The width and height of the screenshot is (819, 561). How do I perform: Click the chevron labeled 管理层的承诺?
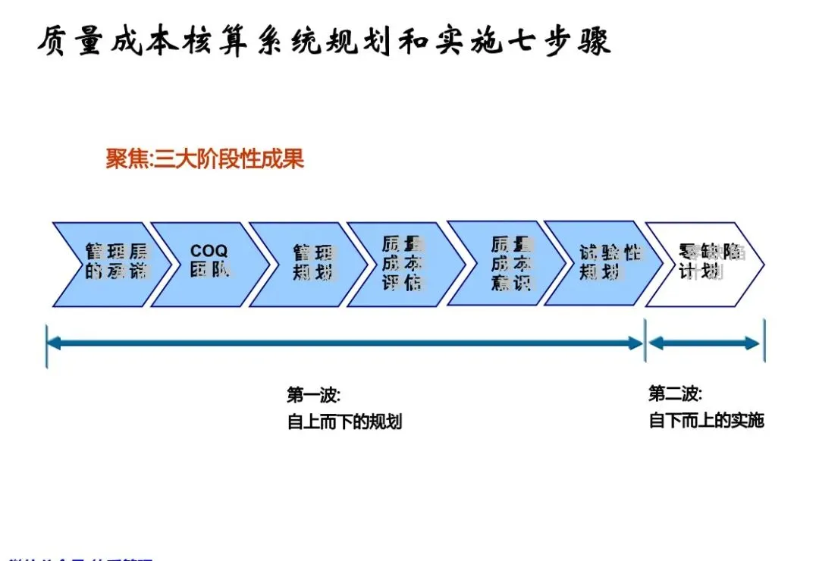click(106, 264)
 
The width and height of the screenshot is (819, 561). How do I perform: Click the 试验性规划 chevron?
click(603, 264)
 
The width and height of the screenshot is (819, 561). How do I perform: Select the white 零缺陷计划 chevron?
click(705, 264)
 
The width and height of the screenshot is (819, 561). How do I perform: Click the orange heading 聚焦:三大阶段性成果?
click(205, 160)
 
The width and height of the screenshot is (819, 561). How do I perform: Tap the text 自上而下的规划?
click(344, 422)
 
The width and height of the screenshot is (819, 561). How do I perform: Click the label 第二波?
click(675, 394)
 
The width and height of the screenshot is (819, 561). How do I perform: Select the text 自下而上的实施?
click(706, 420)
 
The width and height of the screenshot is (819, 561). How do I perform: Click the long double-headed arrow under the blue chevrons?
click(345, 343)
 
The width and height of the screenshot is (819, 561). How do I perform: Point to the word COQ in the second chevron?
click(209, 251)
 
